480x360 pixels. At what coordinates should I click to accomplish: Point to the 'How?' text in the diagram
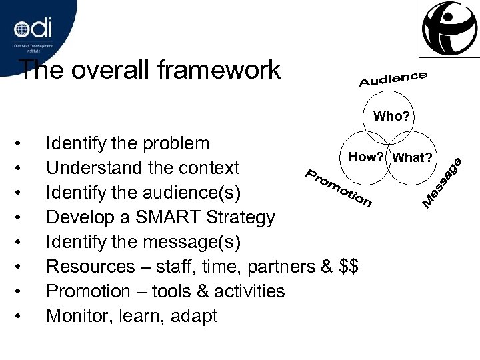tap(364, 157)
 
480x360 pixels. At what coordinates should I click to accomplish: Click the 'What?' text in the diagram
tap(413, 157)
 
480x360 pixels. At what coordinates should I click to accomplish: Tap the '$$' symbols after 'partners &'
tap(349, 266)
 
